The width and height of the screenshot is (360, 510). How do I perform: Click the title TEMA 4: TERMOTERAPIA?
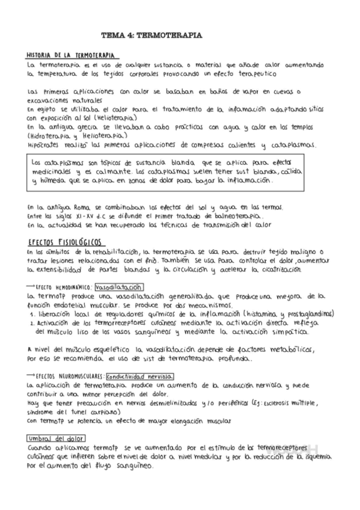tap(151, 36)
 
